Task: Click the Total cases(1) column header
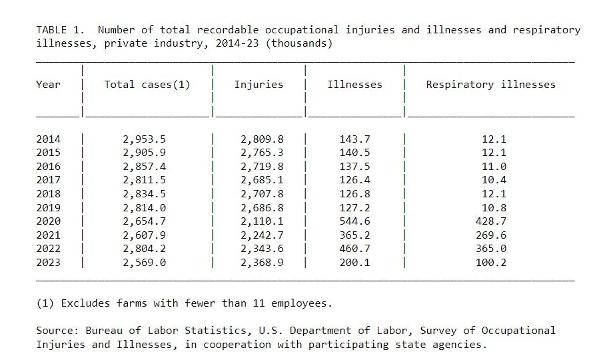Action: [x=147, y=85]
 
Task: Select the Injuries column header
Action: [x=259, y=85]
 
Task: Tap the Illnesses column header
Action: [x=354, y=85]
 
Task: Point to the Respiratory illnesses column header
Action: [x=490, y=85]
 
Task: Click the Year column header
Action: [x=48, y=85]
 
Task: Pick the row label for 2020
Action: [x=48, y=221]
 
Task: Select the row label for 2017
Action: [x=48, y=180]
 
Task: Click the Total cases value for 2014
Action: [x=144, y=139]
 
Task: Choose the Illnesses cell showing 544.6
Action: [x=354, y=221]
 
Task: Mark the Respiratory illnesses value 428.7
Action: [x=493, y=221]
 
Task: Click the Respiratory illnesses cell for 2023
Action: [x=493, y=263]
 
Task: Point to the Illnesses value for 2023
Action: [x=354, y=263]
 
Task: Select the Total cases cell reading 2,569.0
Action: [x=144, y=263]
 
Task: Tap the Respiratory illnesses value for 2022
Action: [x=493, y=249]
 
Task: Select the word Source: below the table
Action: [x=57, y=331]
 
